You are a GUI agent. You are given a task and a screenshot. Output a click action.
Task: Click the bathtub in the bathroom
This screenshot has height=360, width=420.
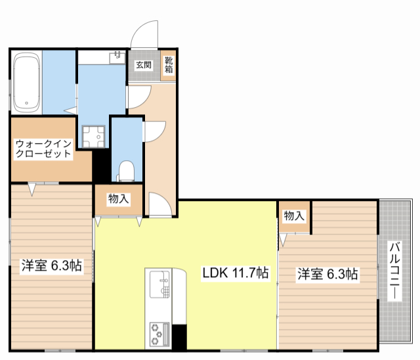click(x=27, y=83)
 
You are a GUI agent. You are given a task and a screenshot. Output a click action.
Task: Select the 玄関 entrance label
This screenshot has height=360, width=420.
click(x=144, y=66)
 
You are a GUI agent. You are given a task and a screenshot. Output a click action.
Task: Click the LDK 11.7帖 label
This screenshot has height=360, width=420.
click(x=235, y=273)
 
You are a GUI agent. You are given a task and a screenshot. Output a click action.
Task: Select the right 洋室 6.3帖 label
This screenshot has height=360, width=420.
click(x=327, y=274)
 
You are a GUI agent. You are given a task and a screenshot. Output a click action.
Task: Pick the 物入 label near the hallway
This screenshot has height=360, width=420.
click(x=118, y=199)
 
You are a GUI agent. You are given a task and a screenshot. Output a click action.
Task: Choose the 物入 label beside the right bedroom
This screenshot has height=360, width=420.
click(x=295, y=215)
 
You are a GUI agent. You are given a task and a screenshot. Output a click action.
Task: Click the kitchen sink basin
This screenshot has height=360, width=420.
click(x=159, y=286)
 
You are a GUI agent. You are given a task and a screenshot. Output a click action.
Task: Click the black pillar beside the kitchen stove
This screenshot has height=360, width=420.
click(x=178, y=335)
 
